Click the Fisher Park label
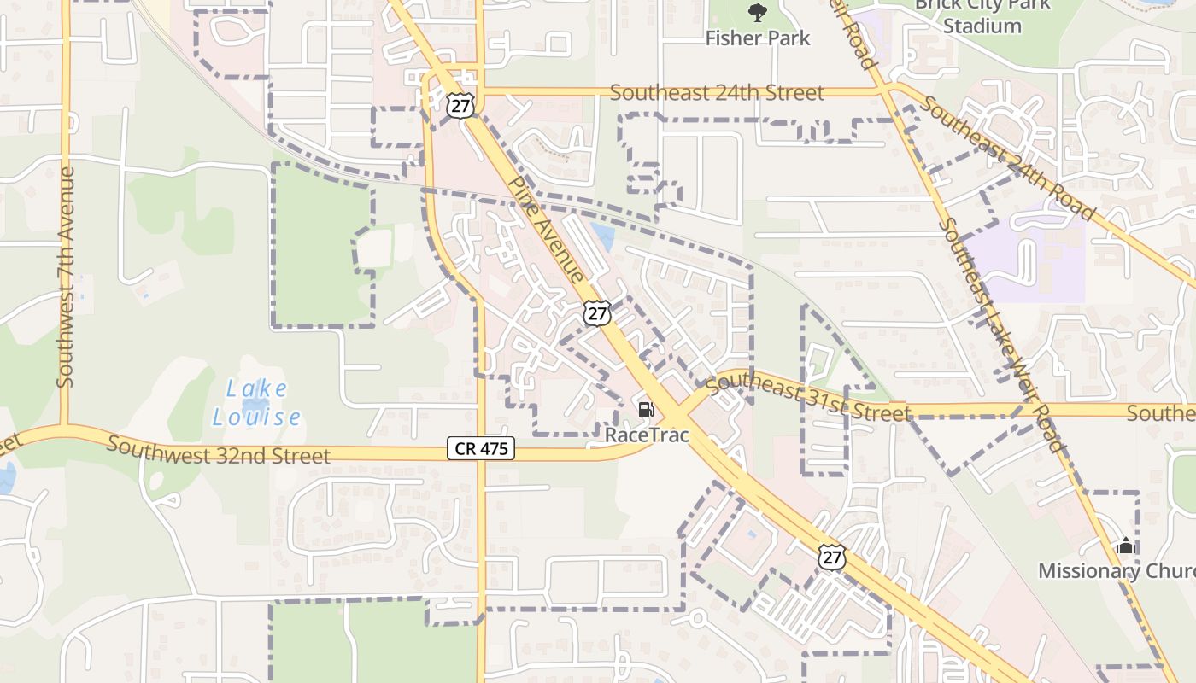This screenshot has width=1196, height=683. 758,38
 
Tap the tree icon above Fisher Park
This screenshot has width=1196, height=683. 758,12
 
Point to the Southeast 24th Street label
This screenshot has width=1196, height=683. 717,93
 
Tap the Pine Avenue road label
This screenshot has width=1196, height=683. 546,230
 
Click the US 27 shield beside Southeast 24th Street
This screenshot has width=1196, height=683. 460,105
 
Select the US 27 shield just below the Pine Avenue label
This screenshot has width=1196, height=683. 597,313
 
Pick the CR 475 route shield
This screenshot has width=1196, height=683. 481,448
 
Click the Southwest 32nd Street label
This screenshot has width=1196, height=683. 219,451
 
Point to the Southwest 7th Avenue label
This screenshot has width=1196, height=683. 66,277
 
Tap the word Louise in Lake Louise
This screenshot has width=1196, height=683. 256,417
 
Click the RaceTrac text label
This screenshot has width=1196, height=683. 647,435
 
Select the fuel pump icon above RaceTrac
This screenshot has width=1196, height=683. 646,410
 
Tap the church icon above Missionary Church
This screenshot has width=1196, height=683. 1125,546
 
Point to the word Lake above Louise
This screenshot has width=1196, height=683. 256,389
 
